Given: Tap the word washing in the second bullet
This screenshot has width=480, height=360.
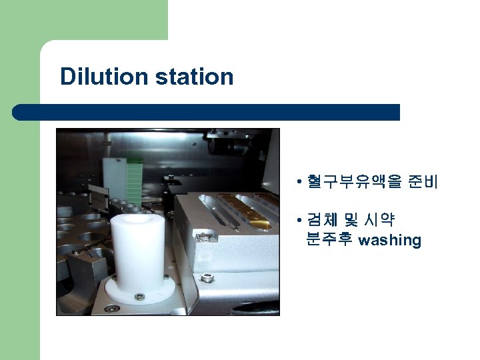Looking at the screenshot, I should tap(390, 240).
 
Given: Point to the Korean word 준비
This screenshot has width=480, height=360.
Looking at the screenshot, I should tap(423, 181).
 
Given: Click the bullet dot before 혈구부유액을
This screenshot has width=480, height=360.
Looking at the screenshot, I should tap(302, 181).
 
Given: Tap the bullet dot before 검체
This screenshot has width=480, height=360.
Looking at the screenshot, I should tap(302, 221).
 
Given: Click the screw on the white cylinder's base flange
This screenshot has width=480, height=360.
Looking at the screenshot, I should tap(139, 296).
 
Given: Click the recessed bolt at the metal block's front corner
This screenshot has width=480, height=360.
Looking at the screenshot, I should tap(201, 235).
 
